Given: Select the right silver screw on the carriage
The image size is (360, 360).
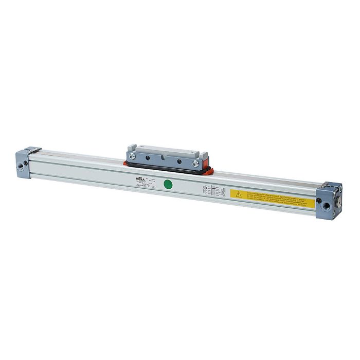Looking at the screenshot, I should pos(195,164).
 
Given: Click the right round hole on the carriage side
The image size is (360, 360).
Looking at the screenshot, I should pos(179,160).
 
